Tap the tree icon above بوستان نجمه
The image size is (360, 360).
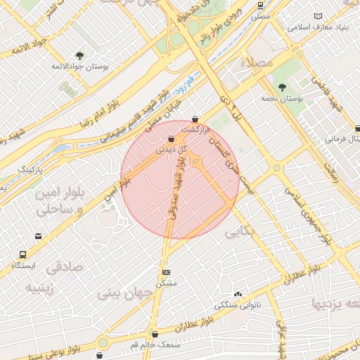pyautogui.click(x=282, y=87)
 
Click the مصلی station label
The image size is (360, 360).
pyautogui.click(x=261, y=14)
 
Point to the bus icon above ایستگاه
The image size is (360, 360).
pyautogui.click(x=23, y=255)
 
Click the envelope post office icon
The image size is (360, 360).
pyautogui.click(x=38, y=236)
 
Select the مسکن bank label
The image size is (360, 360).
pyautogui.click(x=166, y=283)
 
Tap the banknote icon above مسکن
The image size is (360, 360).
pyautogui.click(x=166, y=272)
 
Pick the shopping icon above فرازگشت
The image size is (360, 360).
pyautogui.click(x=195, y=119)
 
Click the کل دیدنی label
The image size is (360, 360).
pyautogui.click(x=172, y=150)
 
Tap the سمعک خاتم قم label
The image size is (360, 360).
pyautogui.click(x=155, y=345)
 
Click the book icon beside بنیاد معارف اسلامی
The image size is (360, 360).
pyautogui.click(x=319, y=16)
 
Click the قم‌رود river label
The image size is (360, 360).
pyautogui.click(x=184, y=88)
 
